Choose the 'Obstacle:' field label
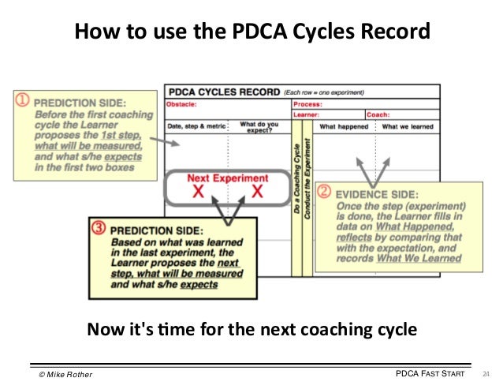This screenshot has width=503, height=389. (183, 103)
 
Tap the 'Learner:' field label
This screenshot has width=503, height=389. (307, 114)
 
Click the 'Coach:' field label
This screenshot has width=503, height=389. (377, 114)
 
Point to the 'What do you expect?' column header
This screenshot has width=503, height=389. (260, 126)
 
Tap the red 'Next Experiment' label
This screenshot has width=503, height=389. (227, 178)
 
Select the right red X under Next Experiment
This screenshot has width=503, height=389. (257, 192)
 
